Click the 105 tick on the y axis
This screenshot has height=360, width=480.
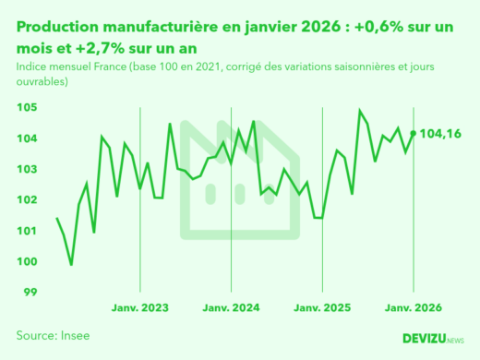click(26, 108)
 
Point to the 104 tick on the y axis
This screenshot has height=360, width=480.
click(26, 138)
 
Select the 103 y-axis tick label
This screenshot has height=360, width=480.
click(26, 169)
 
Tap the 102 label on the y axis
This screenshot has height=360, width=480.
click(26, 199)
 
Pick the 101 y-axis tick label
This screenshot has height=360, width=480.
click(26, 231)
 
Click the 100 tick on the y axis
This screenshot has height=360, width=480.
click(26, 261)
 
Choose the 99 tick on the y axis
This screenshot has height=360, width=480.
click(29, 292)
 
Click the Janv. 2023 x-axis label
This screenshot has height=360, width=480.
click(141, 308)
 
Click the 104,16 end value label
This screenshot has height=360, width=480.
click(440, 135)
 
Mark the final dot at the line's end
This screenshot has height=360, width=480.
click(413, 133)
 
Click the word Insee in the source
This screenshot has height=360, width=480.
click(74, 335)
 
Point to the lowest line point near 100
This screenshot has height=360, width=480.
click(72, 265)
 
